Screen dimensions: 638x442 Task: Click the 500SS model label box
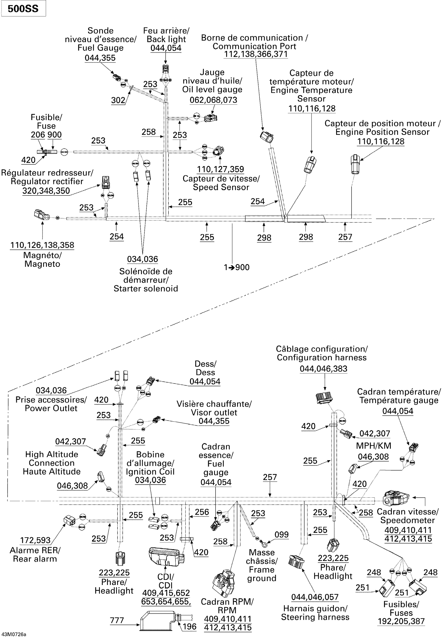23,9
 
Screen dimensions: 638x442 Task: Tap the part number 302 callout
118,100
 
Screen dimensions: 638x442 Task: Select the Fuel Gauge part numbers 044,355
100,58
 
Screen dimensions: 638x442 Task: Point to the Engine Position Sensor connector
355,164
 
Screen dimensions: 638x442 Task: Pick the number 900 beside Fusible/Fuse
54,135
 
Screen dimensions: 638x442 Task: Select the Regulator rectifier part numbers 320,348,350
46,191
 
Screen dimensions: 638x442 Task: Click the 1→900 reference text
237,267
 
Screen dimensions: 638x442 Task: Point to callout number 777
117,620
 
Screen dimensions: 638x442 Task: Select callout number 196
190,627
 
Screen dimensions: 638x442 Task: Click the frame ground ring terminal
264,545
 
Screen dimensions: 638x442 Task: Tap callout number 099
281,535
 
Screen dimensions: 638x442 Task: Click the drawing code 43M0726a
14,634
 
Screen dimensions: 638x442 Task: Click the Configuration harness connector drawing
324,398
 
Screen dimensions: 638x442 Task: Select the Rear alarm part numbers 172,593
35,540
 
